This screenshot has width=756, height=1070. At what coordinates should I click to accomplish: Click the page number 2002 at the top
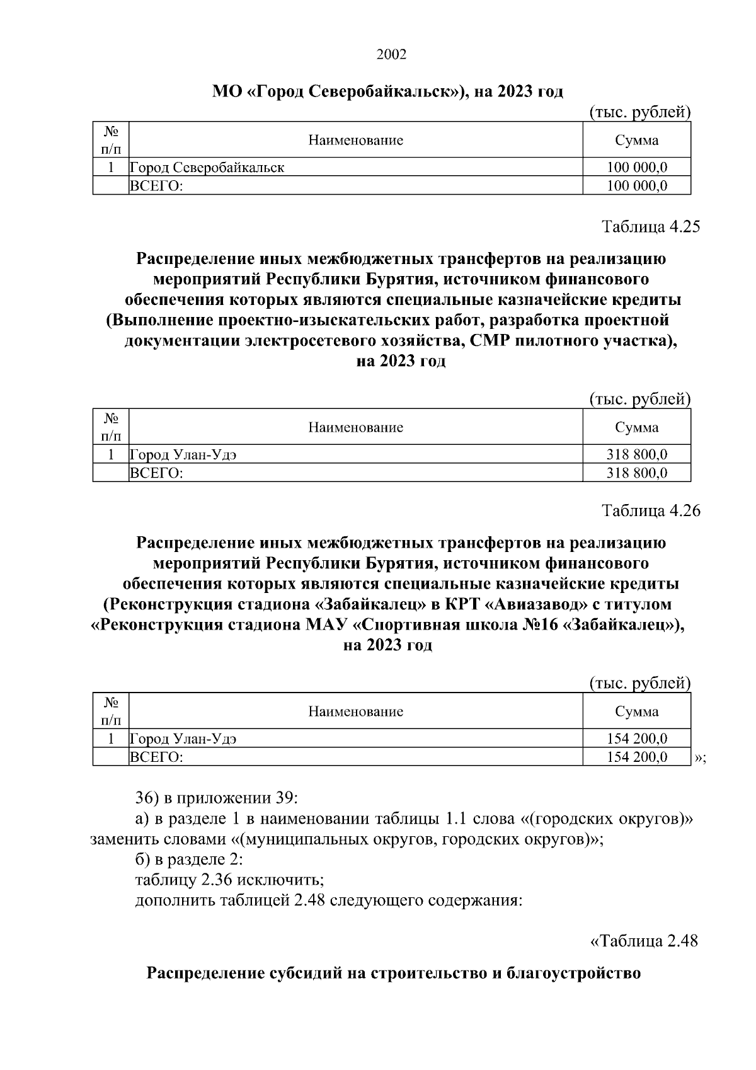(391, 54)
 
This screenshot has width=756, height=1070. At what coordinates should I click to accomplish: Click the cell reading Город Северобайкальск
(207, 168)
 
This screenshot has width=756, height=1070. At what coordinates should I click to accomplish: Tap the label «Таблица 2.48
(643, 941)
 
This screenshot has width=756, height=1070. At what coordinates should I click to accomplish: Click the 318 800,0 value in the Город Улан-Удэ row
(637, 454)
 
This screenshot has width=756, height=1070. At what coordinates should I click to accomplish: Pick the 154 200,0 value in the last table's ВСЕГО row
(637, 757)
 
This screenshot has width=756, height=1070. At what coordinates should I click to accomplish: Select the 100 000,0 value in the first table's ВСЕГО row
(637, 186)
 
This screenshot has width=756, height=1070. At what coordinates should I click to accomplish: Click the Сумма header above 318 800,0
(637, 427)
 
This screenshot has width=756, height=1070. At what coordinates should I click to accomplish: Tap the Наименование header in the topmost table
(355, 140)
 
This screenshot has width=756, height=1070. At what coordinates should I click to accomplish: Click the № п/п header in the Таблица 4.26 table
(111, 711)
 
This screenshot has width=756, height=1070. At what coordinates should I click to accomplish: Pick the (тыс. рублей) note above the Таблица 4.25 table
(640, 399)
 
